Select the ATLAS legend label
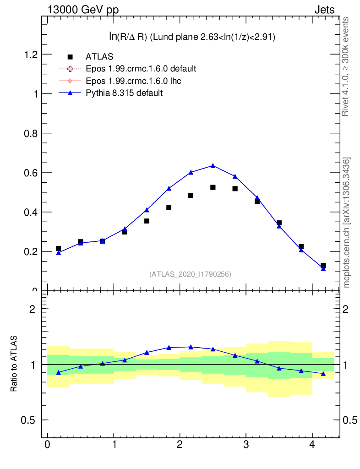[99, 57]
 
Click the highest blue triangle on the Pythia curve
[213, 165]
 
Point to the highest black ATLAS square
[213, 187]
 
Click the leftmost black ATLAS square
[58, 248]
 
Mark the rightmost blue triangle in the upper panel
[323, 268]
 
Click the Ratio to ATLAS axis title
[14, 364]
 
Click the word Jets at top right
[324, 10]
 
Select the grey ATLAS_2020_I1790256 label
[190, 274]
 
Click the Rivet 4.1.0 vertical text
[346, 67]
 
